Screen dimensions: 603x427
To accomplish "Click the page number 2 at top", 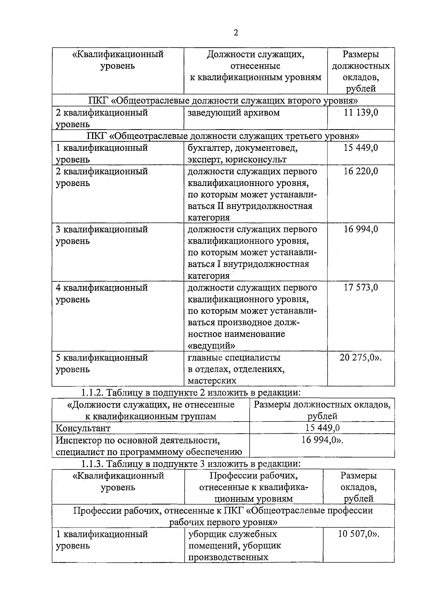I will (x=236, y=33).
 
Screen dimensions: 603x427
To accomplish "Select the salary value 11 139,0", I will (x=361, y=113).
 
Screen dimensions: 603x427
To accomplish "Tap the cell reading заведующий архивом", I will (x=234, y=113).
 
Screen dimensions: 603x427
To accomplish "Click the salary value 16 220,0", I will (x=361, y=171).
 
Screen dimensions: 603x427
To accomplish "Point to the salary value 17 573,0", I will (x=361, y=287).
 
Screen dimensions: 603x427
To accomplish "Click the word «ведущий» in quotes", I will (x=211, y=345).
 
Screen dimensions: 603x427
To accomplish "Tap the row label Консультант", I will (x=83, y=428).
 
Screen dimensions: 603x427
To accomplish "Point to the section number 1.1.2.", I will (x=92, y=393).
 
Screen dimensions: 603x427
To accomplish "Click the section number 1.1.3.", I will (x=92, y=464).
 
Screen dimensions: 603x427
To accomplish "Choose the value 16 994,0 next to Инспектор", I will (x=322, y=440).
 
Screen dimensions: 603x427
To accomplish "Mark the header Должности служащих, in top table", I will (x=255, y=54).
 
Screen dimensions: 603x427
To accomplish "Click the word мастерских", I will (x=212, y=381).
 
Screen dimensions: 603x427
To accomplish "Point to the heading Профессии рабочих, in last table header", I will (x=253, y=476).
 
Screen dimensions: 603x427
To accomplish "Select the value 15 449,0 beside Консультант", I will (x=322, y=428).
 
